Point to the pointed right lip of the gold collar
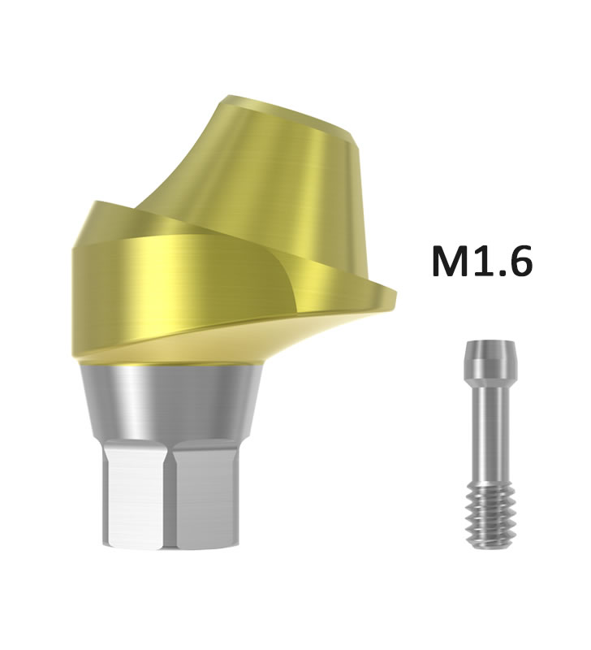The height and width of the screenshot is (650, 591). click(391, 293)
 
